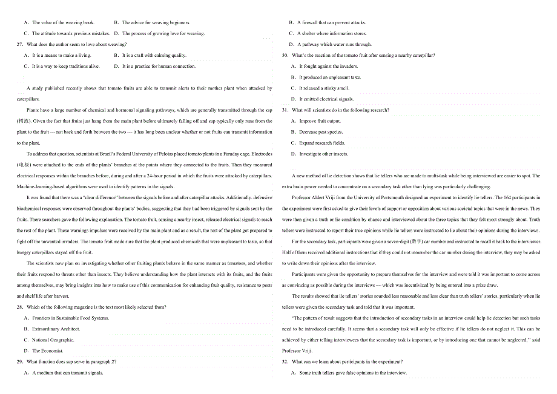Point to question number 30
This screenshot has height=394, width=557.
(x=285, y=56)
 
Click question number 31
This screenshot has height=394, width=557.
(x=285, y=110)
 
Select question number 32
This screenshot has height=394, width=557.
(x=285, y=362)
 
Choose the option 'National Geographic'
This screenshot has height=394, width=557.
(x=53, y=340)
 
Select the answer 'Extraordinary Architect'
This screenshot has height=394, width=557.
(x=56, y=329)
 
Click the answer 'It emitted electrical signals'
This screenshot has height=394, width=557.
(x=326, y=99)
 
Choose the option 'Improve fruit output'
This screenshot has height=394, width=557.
(x=320, y=121)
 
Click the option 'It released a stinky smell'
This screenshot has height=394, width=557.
(x=324, y=88)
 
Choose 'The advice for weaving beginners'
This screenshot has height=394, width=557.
(x=156, y=23)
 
